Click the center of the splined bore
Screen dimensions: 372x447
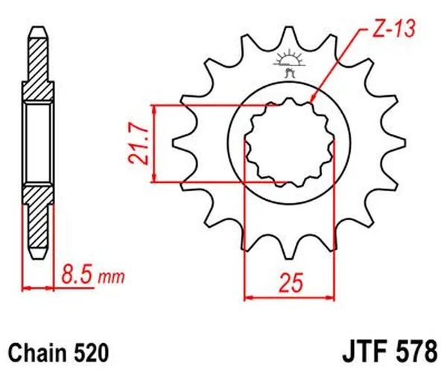pyautogui.click(x=290, y=141)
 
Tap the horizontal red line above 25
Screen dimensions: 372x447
pyautogui.click(x=290, y=296)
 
